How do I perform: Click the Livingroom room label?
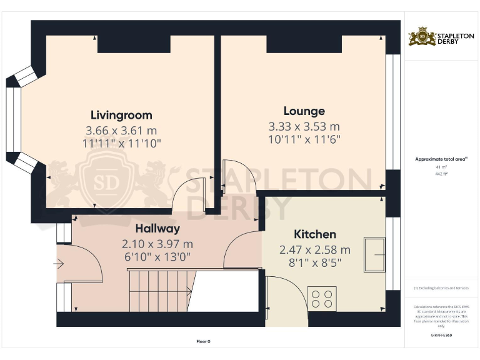point(121,116)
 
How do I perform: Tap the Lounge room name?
point(304,111)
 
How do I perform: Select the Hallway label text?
point(157,229)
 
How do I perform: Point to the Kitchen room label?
point(315,234)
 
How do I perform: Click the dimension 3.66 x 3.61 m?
point(121,131)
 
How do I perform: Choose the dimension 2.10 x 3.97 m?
point(157,244)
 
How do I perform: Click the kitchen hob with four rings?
point(322,298)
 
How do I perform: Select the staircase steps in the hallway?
point(159,290)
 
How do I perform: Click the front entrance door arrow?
point(59,264)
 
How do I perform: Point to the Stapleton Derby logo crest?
point(422,37)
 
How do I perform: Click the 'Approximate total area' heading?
point(441,159)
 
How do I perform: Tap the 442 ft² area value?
point(442,174)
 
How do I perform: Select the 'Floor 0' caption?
point(204,341)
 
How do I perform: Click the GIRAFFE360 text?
point(441,336)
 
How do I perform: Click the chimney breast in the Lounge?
point(304,44)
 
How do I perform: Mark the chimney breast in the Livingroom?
point(134,44)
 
